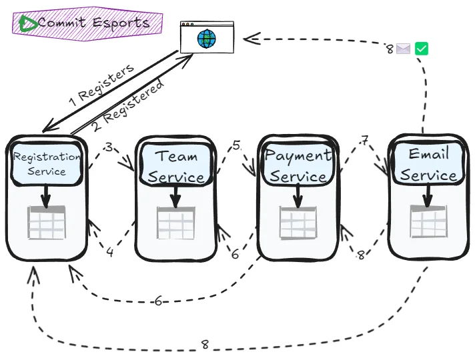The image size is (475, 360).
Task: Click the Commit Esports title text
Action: (x=93, y=23)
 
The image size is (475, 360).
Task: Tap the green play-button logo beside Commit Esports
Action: (x=28, y=23)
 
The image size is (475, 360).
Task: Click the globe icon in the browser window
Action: (x=207, y=39)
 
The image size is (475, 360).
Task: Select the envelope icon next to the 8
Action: (x=403, y=49)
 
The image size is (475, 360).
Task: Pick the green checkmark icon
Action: (x=421, y=49)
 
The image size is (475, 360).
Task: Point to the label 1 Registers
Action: (x=101, y=85)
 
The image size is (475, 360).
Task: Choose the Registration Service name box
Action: (x=47, y=163)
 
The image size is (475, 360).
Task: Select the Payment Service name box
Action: (x=298, y=165)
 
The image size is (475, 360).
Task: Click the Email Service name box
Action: (x=428, y=164)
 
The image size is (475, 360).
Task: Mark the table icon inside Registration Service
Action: (x=47, y=223)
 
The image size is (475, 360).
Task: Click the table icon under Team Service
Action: (x=176, y=223)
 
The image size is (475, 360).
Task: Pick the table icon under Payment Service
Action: (x=298, y=223)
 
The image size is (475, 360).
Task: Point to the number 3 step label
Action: (x=109, y=147)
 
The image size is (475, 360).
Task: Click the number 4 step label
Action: (x=110, y=252)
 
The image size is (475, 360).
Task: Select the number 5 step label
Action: (x=236, y=145)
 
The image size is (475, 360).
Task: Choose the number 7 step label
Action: (x=364, y=141)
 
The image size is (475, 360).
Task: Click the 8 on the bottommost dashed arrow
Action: (x=205, y=345)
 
